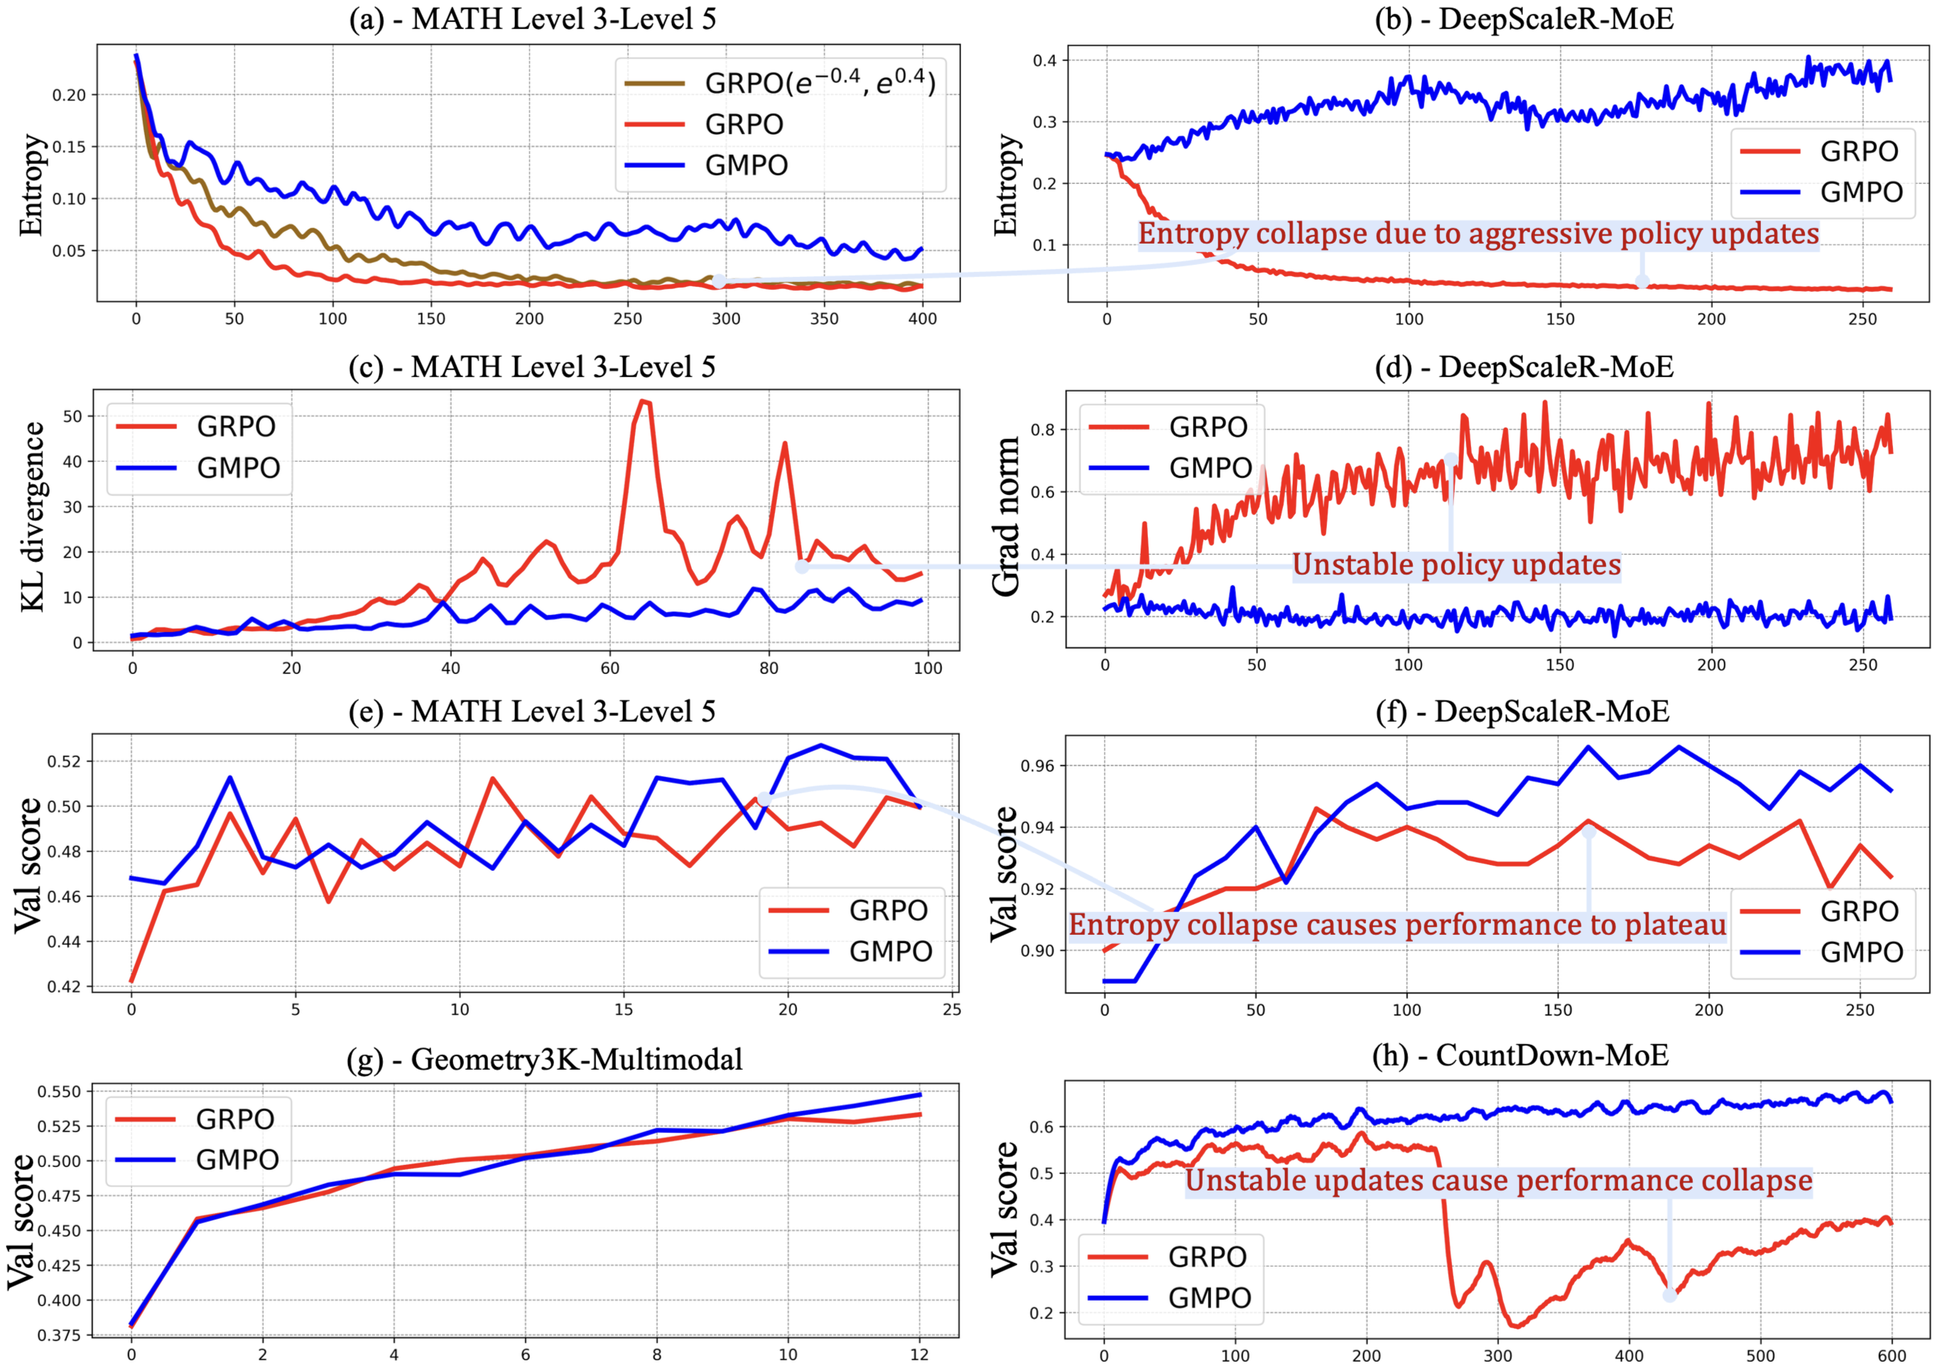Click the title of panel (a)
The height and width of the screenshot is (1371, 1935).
[533, 18]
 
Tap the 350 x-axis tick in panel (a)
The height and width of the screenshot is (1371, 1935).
[824, 319]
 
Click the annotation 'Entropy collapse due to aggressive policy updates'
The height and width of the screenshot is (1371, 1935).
[1478, 234]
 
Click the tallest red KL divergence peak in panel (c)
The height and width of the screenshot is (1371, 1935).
[644, 401]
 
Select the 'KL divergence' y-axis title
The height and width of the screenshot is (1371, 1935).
[32, 516]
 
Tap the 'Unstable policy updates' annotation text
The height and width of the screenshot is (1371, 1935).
[1456, 565]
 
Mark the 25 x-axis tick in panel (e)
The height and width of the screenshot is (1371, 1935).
[951, 1009]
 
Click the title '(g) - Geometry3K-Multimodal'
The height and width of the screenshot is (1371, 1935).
[545, 1058]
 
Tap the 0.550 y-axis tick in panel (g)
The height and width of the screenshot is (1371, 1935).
[59, 1092]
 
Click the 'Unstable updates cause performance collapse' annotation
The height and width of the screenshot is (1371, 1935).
[1499, 1180]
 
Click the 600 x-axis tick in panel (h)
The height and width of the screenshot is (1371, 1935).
[1891, 1356]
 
